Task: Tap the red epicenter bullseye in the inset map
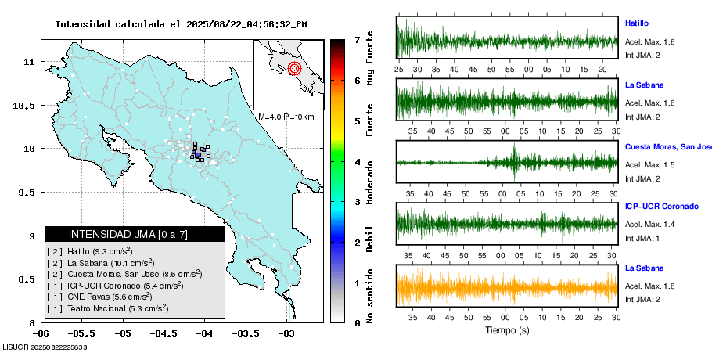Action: [x=294, y=68]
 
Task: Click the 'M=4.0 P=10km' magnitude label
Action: [x=286, y=117]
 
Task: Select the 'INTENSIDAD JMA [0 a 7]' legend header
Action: [x=128, y=234]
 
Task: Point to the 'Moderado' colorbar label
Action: [x=369, y=169]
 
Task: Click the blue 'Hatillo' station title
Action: [x=637, y=23]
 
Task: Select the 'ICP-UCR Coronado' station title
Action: [x=661, y=207]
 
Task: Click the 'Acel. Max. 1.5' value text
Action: [x=648, y=164]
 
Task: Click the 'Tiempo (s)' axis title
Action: [x=506, y=330]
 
